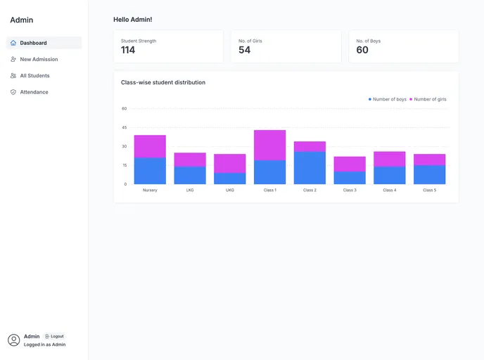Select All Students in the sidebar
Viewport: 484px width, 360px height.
[x=34, y=75]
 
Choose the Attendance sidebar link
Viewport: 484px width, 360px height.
[x=34, y=92]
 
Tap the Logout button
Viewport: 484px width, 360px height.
[x=54, y=336]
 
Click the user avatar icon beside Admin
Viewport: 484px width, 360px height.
[x=14, y=340]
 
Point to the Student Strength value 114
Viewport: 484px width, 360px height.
[x=128, y=50]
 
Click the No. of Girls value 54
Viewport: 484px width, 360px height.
[x=244, y=50]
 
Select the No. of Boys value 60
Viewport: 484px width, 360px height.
[x=362, y=50]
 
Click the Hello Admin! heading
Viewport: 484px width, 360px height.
[x=132, y=20]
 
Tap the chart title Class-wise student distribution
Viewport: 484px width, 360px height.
[x=163, y=82]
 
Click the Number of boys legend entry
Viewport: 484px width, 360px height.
[x=388, y=99]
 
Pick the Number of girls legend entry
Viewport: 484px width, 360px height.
[x=428, y=99]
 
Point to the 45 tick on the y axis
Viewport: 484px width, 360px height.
[x=125, y=127]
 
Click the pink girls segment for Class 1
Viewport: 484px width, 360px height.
[x=269, y=145]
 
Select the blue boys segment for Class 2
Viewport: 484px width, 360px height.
[x=310, y=168]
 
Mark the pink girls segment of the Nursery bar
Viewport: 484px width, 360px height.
[x=150, y=146]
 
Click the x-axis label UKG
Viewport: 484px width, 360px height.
[x=230, y=190]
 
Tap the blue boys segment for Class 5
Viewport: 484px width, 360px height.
[x=429, y=174]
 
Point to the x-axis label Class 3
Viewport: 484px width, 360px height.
[x=350, y=190]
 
